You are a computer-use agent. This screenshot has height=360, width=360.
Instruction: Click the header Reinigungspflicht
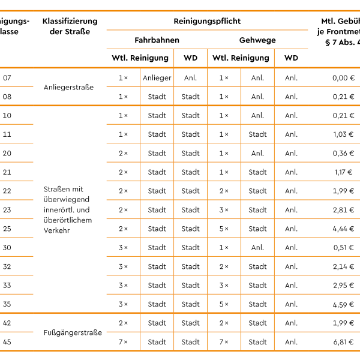(207, 21)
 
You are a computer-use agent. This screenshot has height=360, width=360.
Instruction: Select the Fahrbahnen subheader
(157, 40)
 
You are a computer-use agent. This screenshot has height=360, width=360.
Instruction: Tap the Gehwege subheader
(257, 40)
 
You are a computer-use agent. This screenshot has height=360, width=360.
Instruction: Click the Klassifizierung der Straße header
(70, 26)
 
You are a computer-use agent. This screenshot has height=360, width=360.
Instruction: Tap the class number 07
(7, 78)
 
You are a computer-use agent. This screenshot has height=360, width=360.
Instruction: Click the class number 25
(7, 229)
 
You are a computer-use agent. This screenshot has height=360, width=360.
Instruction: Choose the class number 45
(7, 342)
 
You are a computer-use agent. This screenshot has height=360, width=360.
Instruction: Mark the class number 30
(7, 247)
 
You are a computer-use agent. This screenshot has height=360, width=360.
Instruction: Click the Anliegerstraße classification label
(69, 87)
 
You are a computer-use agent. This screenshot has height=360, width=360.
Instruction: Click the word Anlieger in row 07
(157, 78)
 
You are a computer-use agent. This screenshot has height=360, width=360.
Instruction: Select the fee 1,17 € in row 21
(343, 172)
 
